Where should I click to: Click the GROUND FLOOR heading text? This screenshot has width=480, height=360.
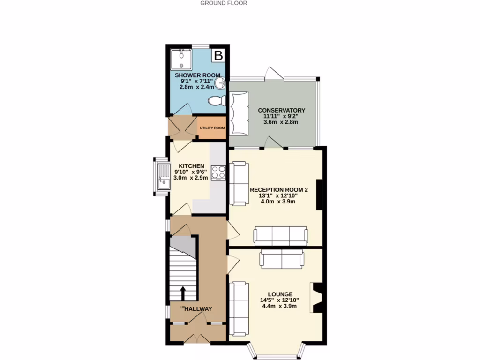224,3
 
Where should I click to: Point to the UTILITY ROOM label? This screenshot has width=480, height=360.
212,128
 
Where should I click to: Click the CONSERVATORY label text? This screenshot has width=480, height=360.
281,111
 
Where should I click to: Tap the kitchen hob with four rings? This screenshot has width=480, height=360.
219,172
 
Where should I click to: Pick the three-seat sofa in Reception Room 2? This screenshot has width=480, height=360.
281,235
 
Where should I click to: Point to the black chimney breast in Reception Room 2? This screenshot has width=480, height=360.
320,195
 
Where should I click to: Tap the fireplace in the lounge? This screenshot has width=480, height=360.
316,298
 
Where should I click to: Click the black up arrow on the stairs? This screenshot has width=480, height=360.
183,294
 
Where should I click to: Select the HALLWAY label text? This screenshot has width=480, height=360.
198,309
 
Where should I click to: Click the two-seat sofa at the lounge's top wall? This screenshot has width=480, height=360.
282,259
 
